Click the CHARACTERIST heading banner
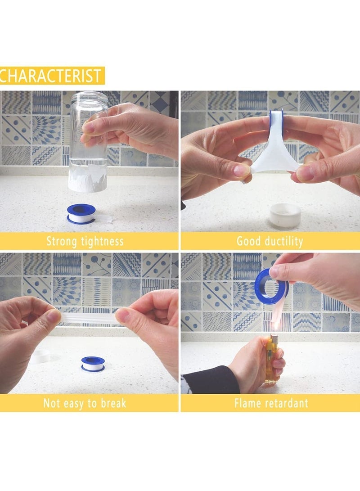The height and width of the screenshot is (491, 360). click(52, 76)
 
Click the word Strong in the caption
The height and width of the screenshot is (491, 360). click(62, 241)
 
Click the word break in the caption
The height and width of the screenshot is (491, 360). click(111, 403)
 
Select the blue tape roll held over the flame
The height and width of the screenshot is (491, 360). click(271, 286)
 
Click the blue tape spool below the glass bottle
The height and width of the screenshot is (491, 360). click(81, 213)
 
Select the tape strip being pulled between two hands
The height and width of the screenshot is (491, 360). click(88, 317)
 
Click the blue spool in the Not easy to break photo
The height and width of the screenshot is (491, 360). click(93, 364)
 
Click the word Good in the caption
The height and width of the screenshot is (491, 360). click(248, 241)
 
